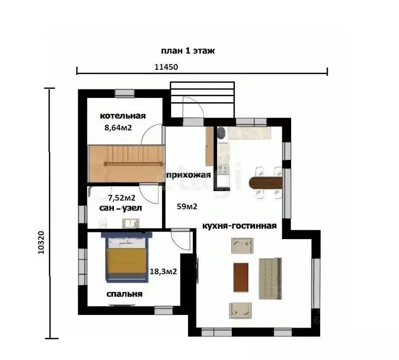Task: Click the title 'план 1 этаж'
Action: (x=188, y=51)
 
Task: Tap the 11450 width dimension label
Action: (x=166, y=67)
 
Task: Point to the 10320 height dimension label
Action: (x=41, y=242)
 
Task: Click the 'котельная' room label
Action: (x=123, y=116)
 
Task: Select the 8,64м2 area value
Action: (x=118, y=127)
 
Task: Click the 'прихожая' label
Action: (x=188, y=175)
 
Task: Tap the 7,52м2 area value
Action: (x=121, y=198)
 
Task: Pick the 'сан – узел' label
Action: (x=120, y=208)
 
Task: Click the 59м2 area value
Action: (x=187, y=206)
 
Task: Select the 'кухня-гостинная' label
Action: (x=240, y=225)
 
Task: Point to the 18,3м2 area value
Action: (x=163, y=271)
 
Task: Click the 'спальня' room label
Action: (x=124, y=294)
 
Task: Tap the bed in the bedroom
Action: (x=127, y=257)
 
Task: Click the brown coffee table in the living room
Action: (x=241, y=277)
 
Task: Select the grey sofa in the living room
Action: (x=270, y=278)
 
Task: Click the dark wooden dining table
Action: (x=266, y=183)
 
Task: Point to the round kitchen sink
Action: (x=221, y=132)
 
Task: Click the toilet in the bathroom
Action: (x=103, y=223)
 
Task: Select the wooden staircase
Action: (x=126, y=164)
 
